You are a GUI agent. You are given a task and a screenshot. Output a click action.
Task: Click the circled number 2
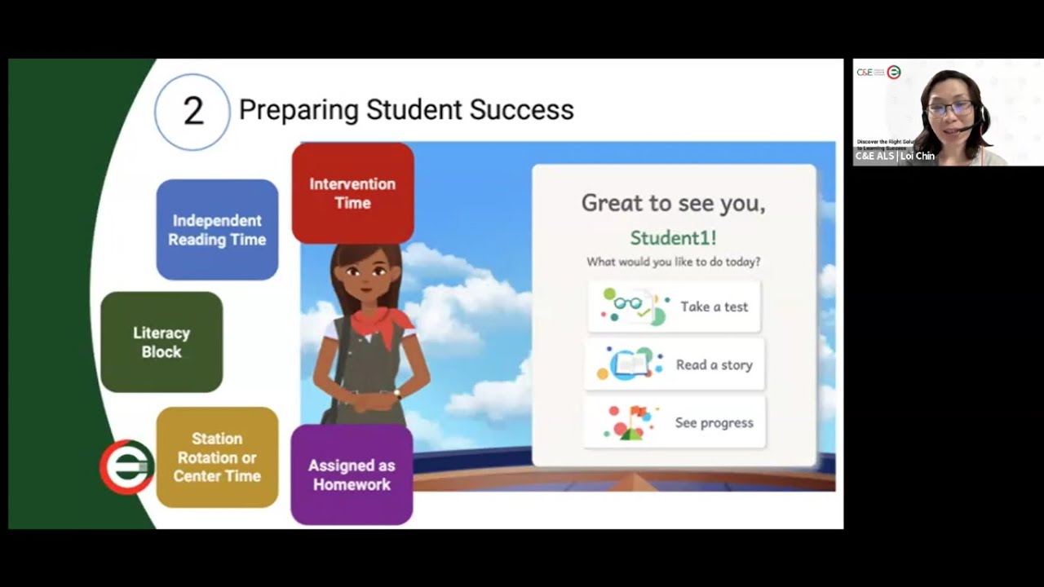tap(192, 112)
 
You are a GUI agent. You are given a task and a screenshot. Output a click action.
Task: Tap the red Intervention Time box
tap(352, 193)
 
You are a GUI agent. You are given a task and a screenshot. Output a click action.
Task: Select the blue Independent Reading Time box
tap(217, 230)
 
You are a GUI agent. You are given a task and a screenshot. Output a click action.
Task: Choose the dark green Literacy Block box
tap(161, 342)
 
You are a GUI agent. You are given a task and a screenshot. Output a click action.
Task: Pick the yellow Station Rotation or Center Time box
tap(217, 457)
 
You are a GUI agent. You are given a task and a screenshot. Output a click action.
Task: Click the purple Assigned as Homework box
tap(352, 474)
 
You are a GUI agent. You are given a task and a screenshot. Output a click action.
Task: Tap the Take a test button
tap(675, 307)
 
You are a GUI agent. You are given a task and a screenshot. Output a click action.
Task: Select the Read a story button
tap(675, 364)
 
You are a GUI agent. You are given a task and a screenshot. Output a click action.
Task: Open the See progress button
tap(675, 422)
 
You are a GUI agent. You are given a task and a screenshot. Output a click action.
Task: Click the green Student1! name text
tap(673, 238)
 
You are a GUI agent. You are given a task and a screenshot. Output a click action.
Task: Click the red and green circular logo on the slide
tap(126, 467)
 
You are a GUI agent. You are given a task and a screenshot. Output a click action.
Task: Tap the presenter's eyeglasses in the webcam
tap(949, 107)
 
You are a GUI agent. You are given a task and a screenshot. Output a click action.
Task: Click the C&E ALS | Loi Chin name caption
tap(895, 156)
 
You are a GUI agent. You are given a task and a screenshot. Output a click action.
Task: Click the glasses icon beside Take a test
tap(627, 304)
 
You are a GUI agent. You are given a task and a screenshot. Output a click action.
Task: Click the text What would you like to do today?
tap(673, 263)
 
